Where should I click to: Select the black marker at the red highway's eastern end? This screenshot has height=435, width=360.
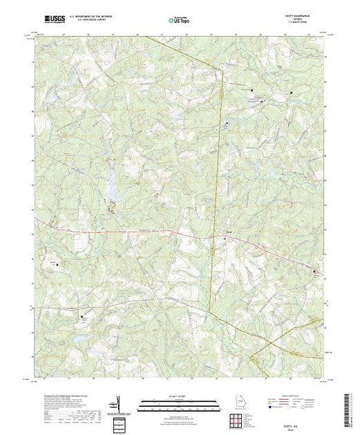(x=316, y=271)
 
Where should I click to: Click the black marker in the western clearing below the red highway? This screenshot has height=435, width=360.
(x=57, y=262)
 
